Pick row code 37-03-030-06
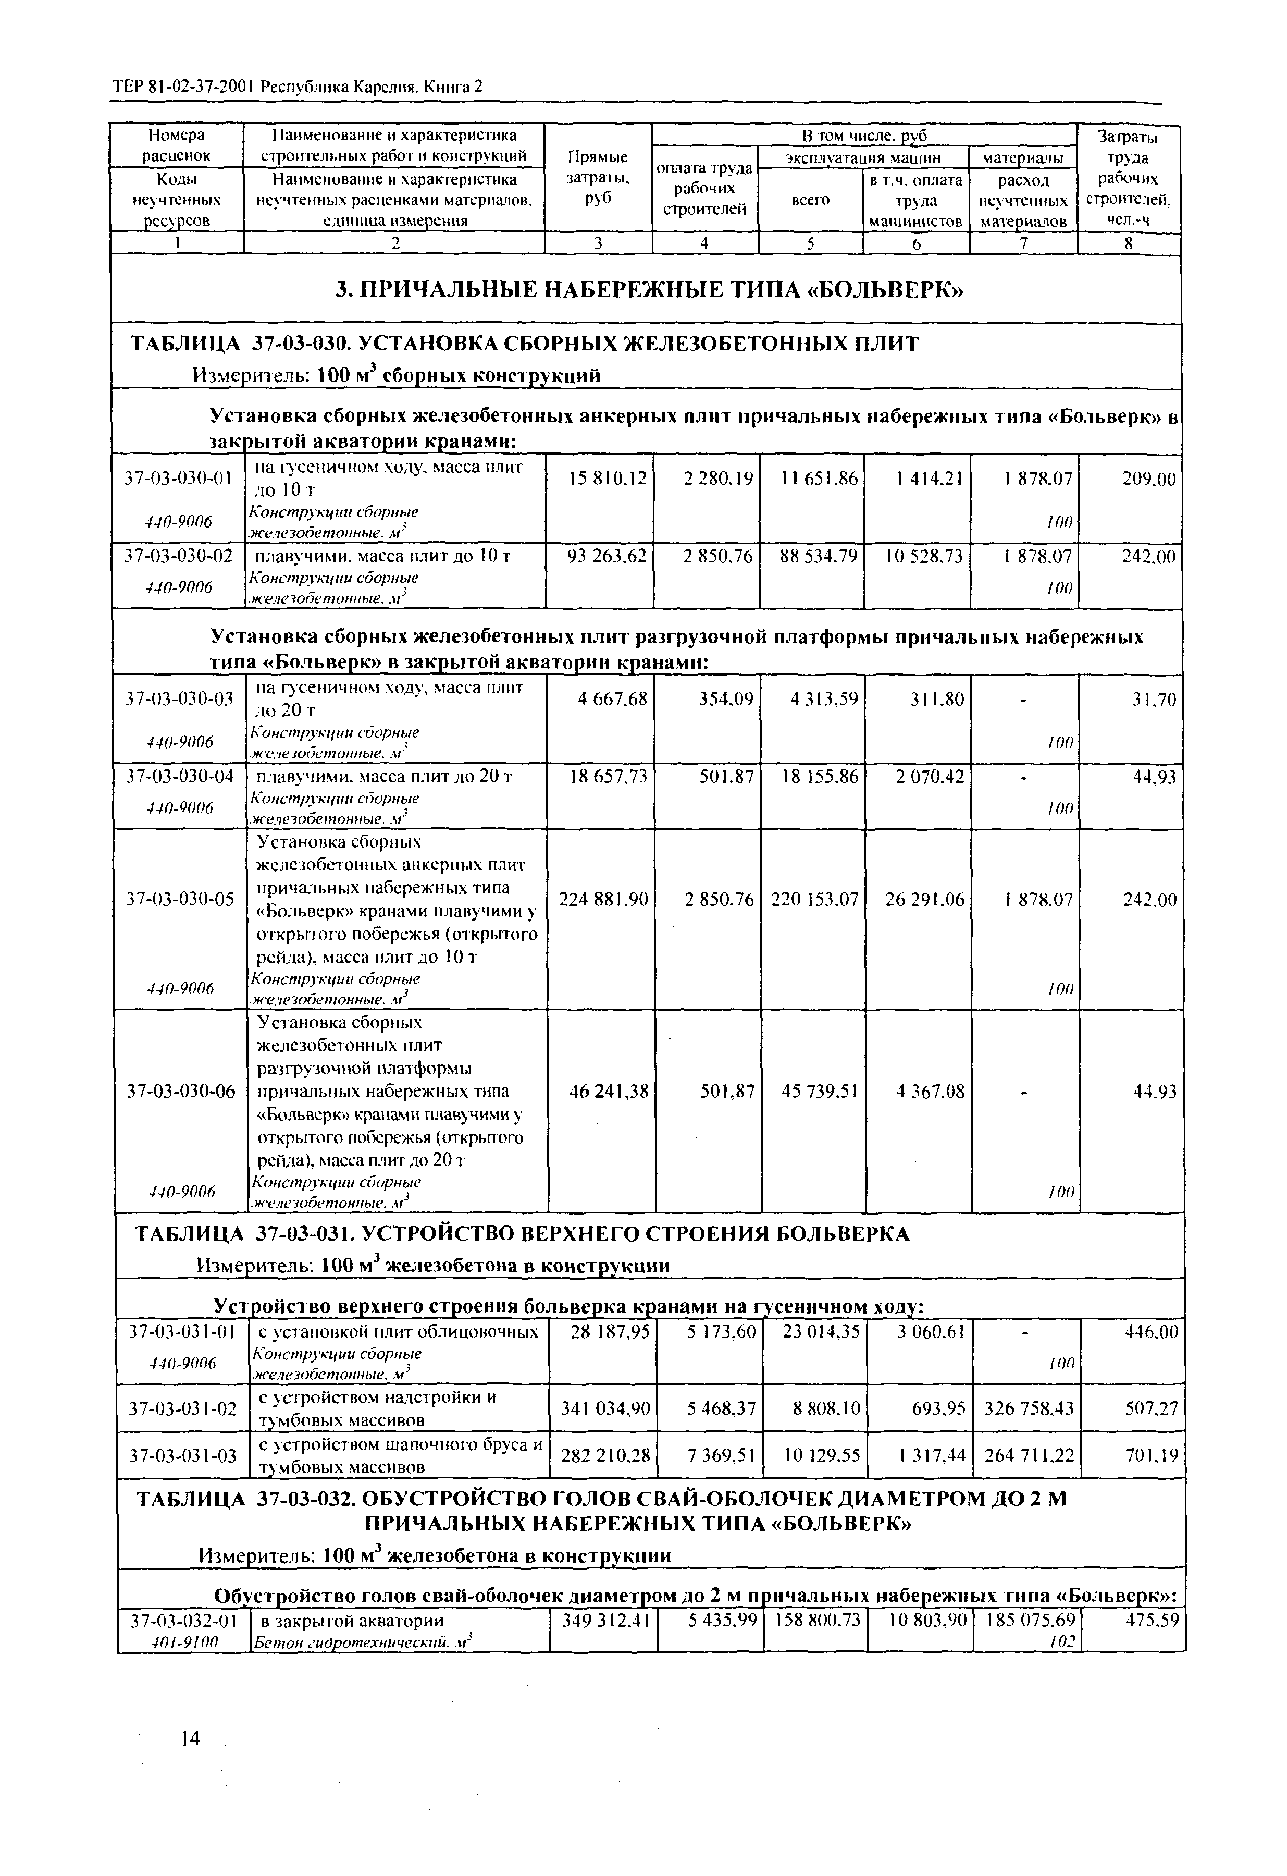pyautogui.click(x=181, y=1092)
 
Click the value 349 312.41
pyautogui.click(x=604, y=1620)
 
